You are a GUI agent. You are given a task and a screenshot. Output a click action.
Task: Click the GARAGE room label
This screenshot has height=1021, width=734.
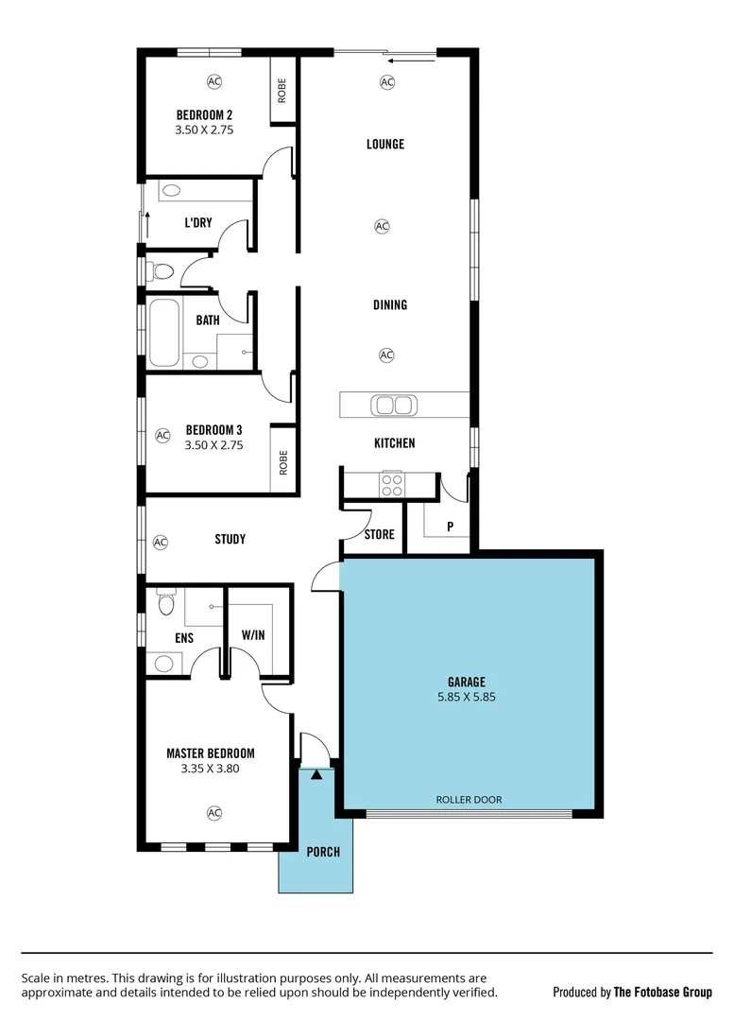(x=467, y=681)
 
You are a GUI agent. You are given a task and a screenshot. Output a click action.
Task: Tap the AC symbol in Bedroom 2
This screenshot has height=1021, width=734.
(x=214, y=82)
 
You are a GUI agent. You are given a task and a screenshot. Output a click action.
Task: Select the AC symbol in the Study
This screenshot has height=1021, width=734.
(x=161, y=543)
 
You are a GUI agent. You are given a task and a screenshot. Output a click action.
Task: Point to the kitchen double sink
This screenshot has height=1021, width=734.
(x=394, y=406)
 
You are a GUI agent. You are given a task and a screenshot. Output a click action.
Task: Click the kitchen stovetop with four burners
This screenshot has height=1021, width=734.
(x=391, y=485)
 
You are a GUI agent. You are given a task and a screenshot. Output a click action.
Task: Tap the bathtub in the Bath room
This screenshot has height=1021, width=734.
(x=162, y=332)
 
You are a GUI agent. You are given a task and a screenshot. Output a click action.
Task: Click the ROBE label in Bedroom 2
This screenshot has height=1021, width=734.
(x=282, y=92)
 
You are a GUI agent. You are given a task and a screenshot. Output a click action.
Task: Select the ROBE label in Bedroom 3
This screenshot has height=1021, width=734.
(x=282, y=461)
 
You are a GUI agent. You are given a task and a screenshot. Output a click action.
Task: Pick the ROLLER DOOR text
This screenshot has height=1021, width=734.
(x=469, y=800)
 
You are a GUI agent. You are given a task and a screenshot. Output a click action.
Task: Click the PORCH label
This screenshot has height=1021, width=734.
(x=323, y=852)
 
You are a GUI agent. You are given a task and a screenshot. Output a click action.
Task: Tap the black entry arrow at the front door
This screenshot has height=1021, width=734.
(x=316, y=775)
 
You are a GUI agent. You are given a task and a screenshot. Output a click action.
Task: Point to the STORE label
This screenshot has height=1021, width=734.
(x=379, y=535)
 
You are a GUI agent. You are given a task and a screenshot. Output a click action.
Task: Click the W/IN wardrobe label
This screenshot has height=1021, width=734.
(x=252, y=636)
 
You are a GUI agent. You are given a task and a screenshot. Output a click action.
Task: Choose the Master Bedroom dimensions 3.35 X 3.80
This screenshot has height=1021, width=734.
(x=210, y=770)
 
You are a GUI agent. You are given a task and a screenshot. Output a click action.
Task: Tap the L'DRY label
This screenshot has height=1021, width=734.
(x=197, y=223)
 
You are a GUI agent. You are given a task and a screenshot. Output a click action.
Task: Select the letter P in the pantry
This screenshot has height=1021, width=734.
(x=450, y=527)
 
